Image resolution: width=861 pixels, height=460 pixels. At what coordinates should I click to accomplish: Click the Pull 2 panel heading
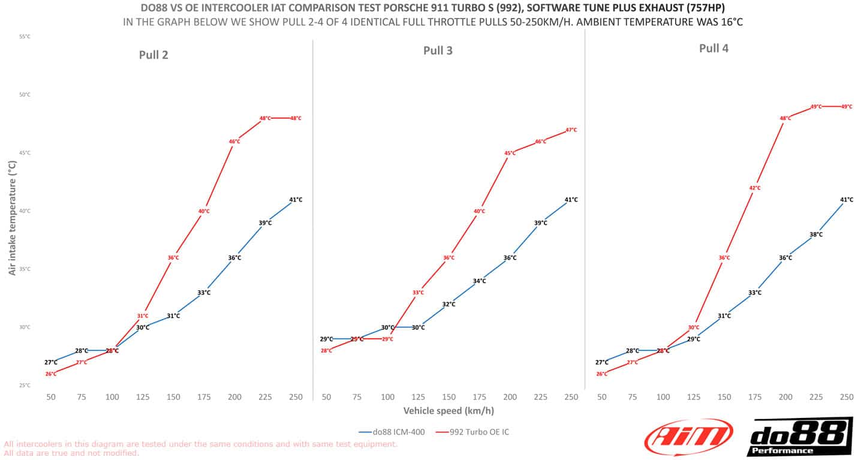coord(153,55)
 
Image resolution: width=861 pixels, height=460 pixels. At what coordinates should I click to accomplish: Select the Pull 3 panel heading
coord(438,50)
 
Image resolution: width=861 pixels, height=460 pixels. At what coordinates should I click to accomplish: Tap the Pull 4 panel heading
coord(714,48)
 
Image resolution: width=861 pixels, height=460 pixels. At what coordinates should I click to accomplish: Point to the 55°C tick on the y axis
coord(25,37)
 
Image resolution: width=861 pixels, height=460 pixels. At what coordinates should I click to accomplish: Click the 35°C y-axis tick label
coord(25,269)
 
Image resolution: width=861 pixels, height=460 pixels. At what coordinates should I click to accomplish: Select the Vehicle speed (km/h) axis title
coord(448,411)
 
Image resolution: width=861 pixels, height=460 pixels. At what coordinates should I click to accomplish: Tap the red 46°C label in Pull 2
coord(234,142)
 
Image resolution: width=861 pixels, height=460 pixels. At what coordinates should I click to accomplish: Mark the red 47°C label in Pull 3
coord(571,130)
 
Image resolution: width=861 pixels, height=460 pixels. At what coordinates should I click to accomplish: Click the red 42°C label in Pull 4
coord(755,188)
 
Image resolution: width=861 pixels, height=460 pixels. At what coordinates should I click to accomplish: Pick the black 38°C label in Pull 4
coord(816,234)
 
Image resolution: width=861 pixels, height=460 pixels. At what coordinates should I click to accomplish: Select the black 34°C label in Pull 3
coord(479,281)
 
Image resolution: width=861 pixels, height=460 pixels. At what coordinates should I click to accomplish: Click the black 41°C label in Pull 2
coord(296,200)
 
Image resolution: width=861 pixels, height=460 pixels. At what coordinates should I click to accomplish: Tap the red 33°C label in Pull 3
coord(418,293)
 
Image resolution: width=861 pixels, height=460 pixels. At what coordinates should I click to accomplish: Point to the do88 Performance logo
coord(800,437)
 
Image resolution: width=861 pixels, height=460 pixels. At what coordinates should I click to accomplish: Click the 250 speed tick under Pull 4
coord(847,397)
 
